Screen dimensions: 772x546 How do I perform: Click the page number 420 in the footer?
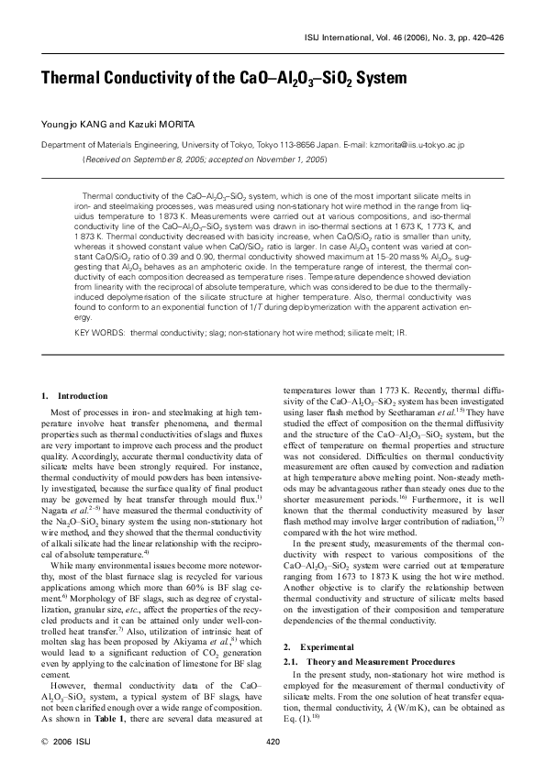272,742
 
